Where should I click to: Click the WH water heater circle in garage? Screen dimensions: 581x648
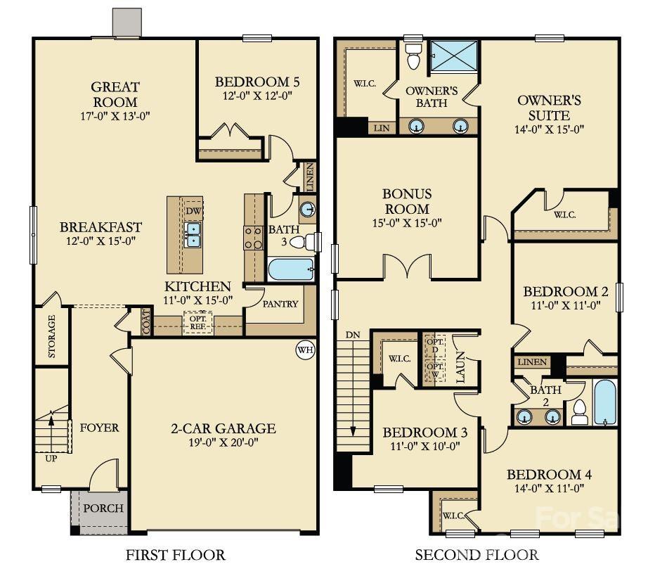304,350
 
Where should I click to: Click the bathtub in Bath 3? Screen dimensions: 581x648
291,270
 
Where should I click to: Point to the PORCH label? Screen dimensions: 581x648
103,508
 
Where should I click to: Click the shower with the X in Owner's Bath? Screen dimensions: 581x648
453,56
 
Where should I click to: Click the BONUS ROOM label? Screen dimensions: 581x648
407,201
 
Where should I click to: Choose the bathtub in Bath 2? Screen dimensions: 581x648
604,402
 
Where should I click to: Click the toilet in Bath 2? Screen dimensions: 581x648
580,411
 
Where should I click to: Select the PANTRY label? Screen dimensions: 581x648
280,304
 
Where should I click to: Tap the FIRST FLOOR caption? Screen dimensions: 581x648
175,555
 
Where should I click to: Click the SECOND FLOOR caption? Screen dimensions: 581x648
477,555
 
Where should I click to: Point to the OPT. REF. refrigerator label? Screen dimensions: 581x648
197,323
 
